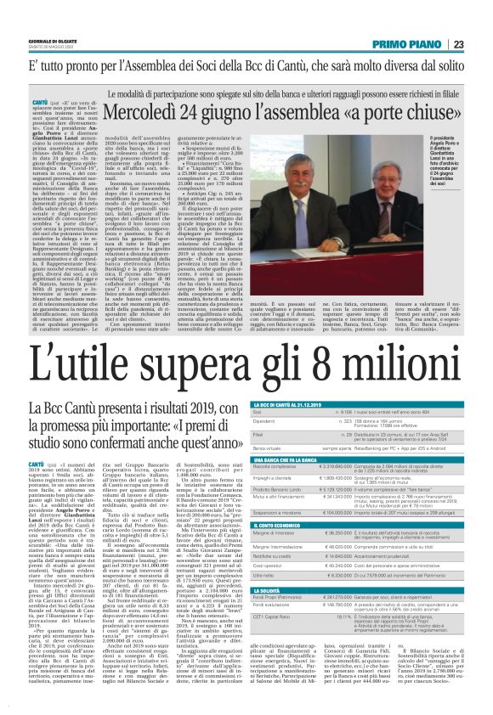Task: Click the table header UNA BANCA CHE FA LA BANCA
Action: (290, 459)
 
